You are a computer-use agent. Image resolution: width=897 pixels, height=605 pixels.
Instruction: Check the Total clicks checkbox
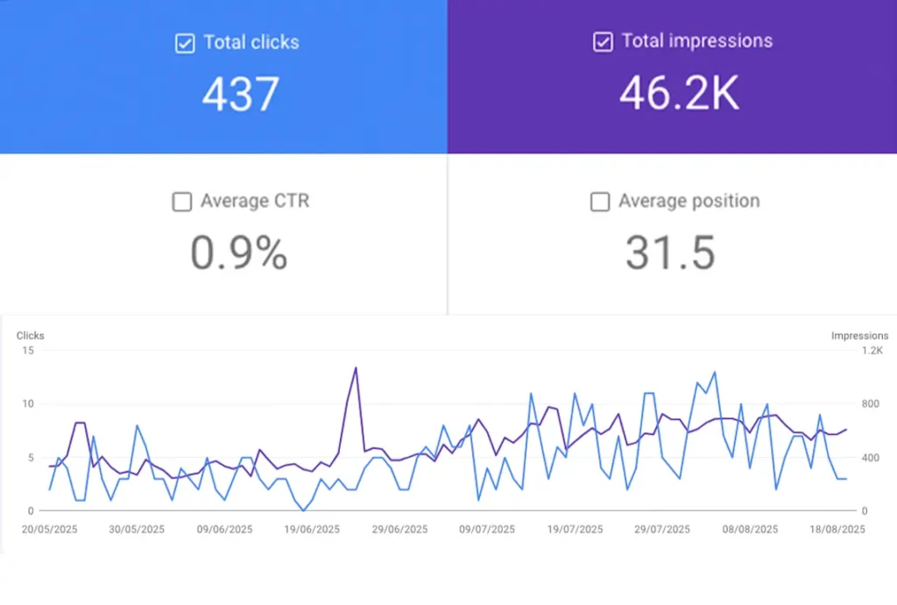tap(185, 43)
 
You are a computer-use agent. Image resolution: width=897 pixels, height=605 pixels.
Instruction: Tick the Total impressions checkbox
tap(603, 42)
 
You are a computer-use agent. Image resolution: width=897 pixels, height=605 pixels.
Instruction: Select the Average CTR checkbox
tap(181, 202)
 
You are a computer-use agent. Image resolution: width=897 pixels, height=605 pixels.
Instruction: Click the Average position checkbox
tap(600, 202)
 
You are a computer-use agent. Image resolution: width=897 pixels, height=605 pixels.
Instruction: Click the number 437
tap(241, 94)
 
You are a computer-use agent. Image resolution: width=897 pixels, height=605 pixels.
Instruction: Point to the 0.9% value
tap(238, 253)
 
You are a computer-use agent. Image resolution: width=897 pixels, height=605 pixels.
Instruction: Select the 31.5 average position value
tap(670, 253)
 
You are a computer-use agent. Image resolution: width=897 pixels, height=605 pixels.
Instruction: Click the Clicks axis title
tap(30, 336)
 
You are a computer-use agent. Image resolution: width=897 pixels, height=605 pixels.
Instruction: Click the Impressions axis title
tap(859, 336)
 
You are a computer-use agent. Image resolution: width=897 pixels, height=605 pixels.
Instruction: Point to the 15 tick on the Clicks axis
tap(29, 351)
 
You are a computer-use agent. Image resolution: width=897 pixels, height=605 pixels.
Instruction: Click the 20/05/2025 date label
tap(49, 530)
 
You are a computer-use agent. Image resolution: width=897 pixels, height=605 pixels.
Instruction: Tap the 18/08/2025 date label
tap(837, 530)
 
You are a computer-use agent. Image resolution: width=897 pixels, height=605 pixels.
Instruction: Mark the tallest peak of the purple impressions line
tap(356, 367)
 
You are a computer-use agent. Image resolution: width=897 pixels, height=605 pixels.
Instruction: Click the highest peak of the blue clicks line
tap(714, 372)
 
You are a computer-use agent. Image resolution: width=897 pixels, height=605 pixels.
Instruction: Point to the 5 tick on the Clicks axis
tap(30, 458)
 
